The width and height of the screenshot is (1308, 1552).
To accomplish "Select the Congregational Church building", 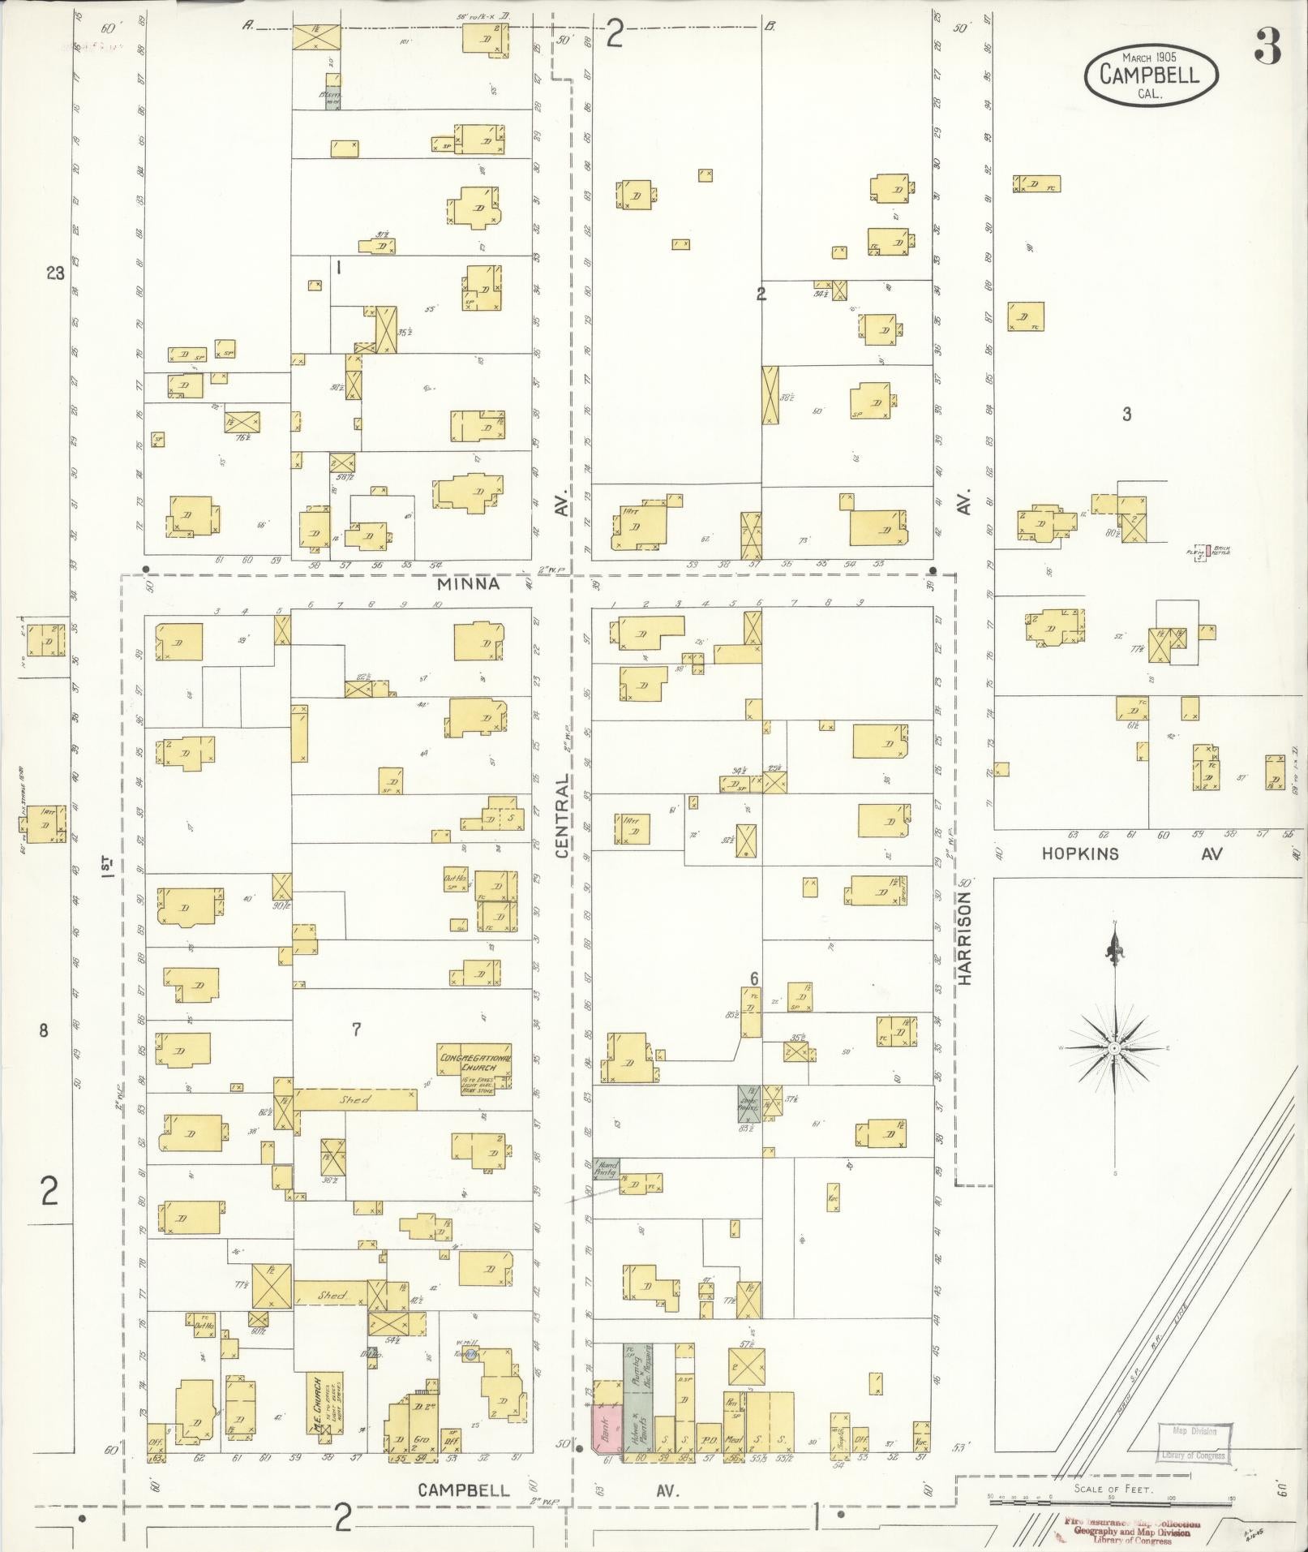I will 475,1064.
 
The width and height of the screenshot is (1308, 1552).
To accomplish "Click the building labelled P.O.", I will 710,1438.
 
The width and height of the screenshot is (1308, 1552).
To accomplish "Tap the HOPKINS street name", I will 1080,853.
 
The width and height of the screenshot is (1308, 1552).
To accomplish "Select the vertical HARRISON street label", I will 964,938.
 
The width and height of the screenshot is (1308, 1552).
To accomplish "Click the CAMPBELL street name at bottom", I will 464,1490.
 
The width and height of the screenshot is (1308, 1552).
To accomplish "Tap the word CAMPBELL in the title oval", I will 1152,75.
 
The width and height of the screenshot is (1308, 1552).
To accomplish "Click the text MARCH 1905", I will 1149,57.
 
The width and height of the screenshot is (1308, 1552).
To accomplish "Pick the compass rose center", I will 1115,1049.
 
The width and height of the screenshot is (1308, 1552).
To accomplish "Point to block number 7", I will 356,1030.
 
